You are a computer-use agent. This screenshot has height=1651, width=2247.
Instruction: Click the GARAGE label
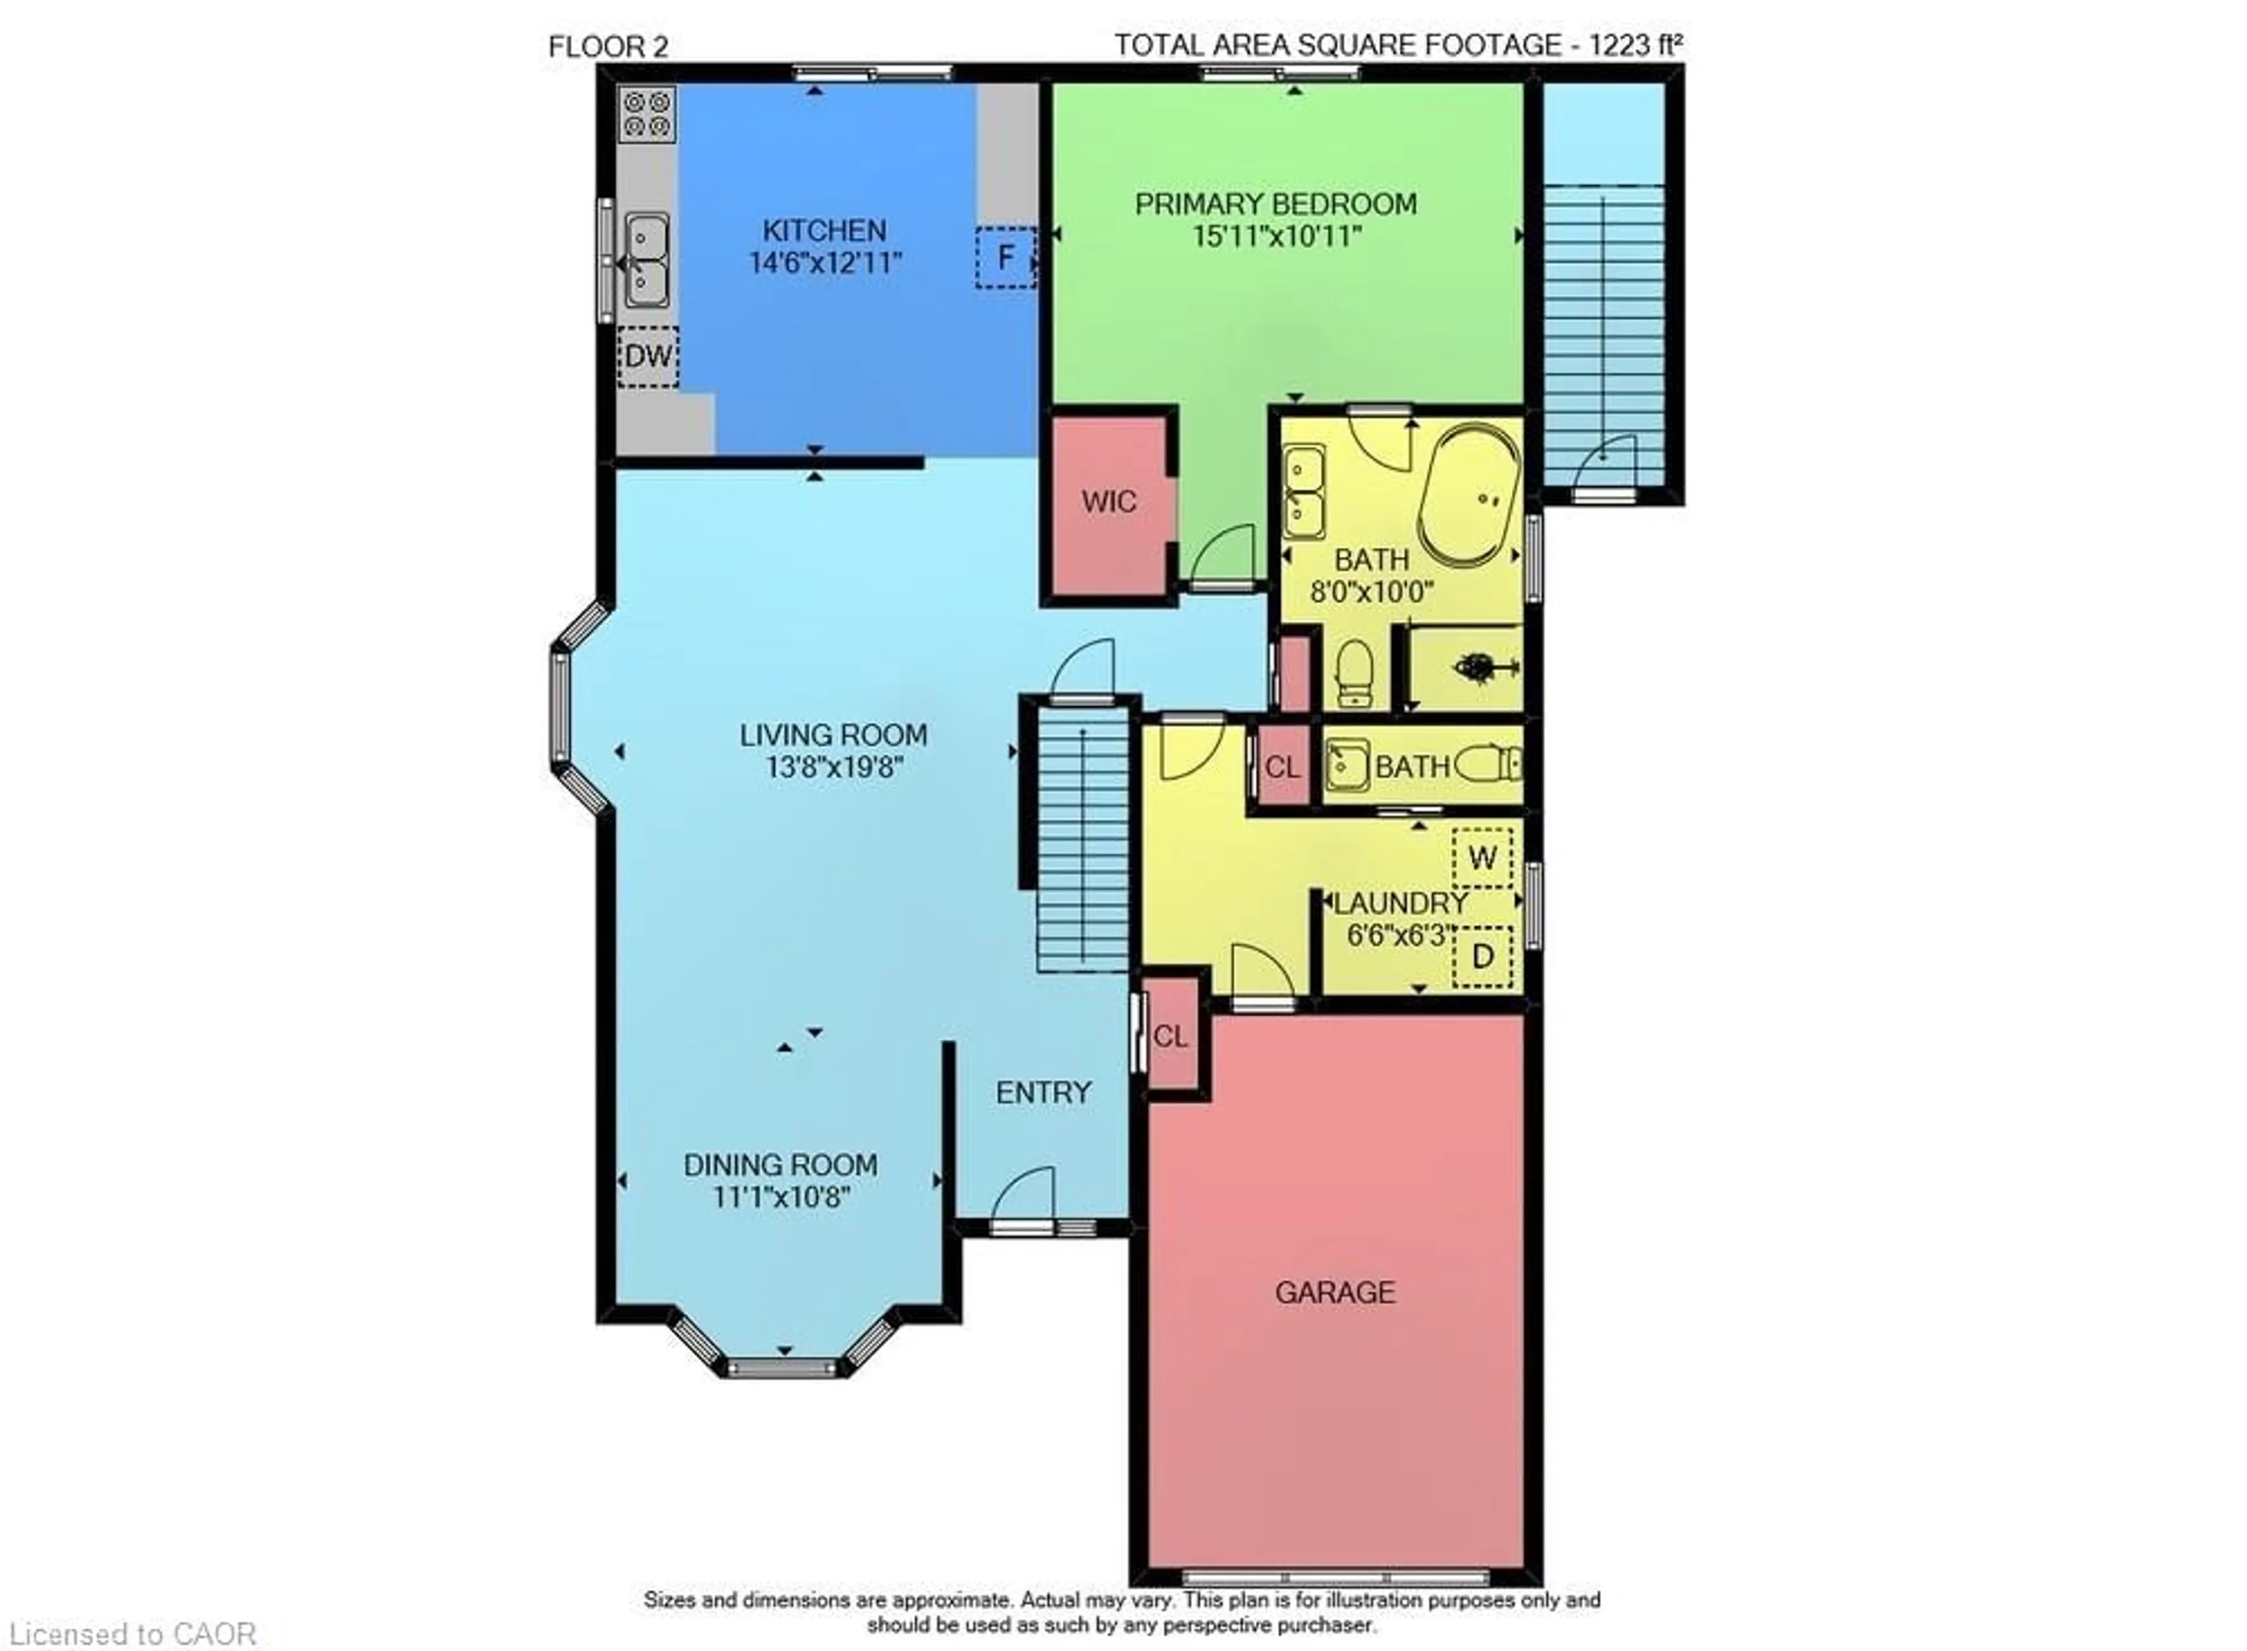point(1334,1292)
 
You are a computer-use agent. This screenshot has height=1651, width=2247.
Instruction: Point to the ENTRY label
point(1043,1092)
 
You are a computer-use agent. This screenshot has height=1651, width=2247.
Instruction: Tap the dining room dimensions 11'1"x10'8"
point(781,1197)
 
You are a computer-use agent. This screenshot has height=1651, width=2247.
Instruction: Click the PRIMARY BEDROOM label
point(1276,204)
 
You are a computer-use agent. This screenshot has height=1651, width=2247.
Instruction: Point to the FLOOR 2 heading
point(608,47)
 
